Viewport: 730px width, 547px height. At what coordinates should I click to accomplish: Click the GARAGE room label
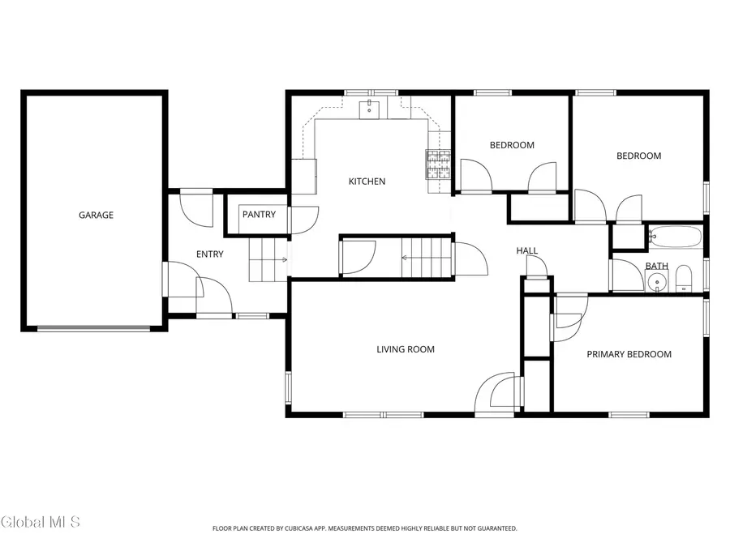point(96,216)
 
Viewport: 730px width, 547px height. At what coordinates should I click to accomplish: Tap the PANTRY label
point(259,216)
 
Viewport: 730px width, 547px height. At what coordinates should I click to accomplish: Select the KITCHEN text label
point(367,182)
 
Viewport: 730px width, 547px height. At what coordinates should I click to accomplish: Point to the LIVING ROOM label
point(406,350)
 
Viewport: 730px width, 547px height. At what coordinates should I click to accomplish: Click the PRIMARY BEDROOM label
point(629,354)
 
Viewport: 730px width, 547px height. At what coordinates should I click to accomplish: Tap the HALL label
point(527,251)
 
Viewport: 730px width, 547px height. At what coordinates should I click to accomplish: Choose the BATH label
point(656,267)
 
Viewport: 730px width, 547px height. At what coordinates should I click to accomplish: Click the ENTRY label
point(209,254)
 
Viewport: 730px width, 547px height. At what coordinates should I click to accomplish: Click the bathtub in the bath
point(675,237)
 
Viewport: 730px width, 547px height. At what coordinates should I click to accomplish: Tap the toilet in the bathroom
point(683,278)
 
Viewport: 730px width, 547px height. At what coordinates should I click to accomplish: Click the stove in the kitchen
point(439,165)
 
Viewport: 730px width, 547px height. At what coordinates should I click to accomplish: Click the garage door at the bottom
point(94,328)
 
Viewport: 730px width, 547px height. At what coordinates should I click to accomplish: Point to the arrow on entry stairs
point(282,260)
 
